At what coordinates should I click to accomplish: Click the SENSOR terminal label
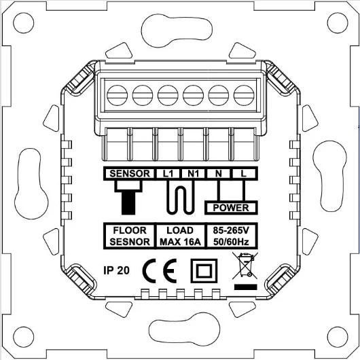(x=128, y=174)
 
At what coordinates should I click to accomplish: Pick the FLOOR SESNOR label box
(x=129, y=236)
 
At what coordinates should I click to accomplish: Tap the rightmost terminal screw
(x=242, y=92)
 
